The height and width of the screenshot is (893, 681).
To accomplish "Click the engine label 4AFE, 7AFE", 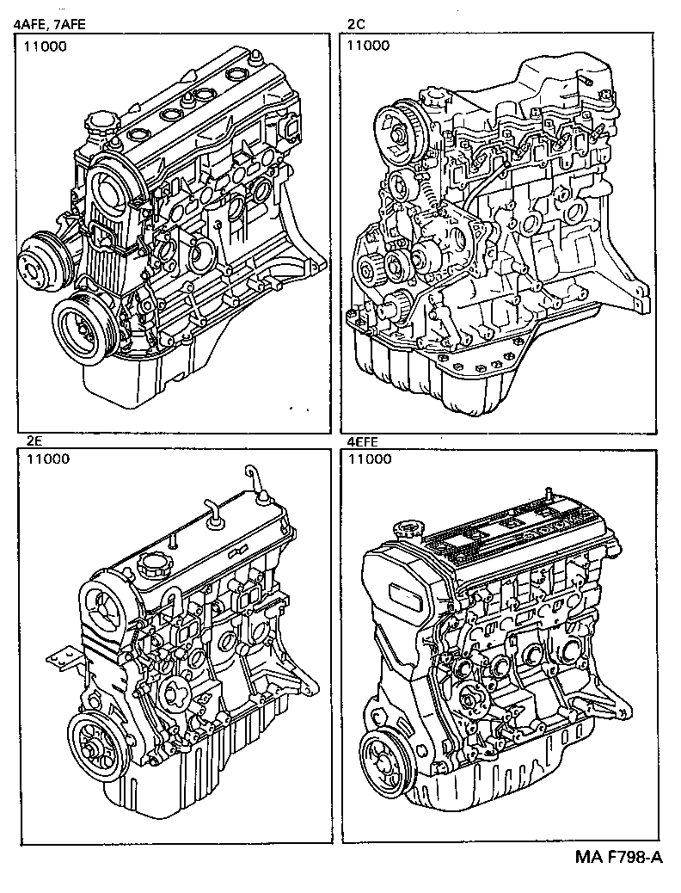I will (48, 26).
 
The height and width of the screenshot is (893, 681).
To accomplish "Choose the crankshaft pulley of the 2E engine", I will (95, 742).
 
